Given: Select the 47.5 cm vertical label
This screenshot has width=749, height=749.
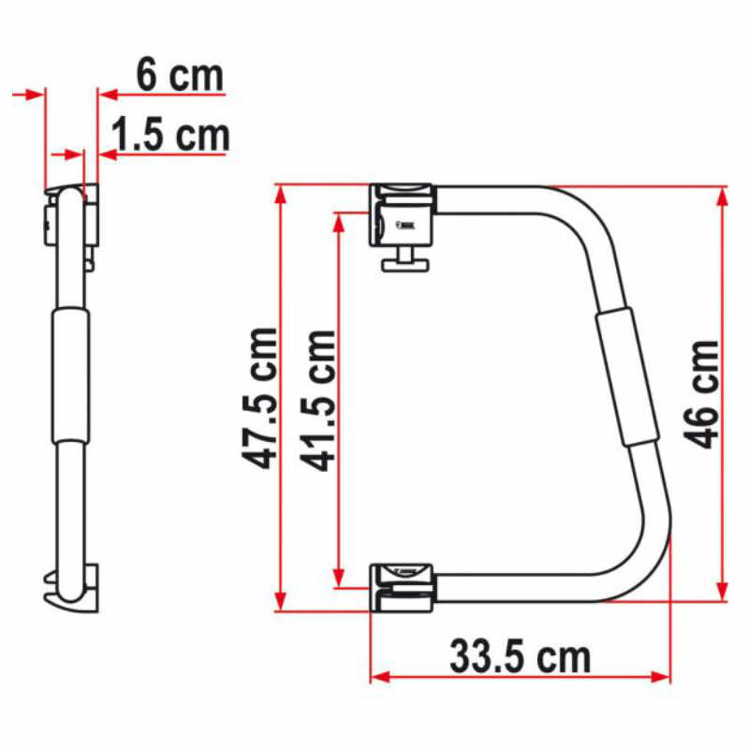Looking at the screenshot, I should [x=258, y=398].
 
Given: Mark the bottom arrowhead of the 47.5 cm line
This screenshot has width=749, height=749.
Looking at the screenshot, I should [x=279, y=603].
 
